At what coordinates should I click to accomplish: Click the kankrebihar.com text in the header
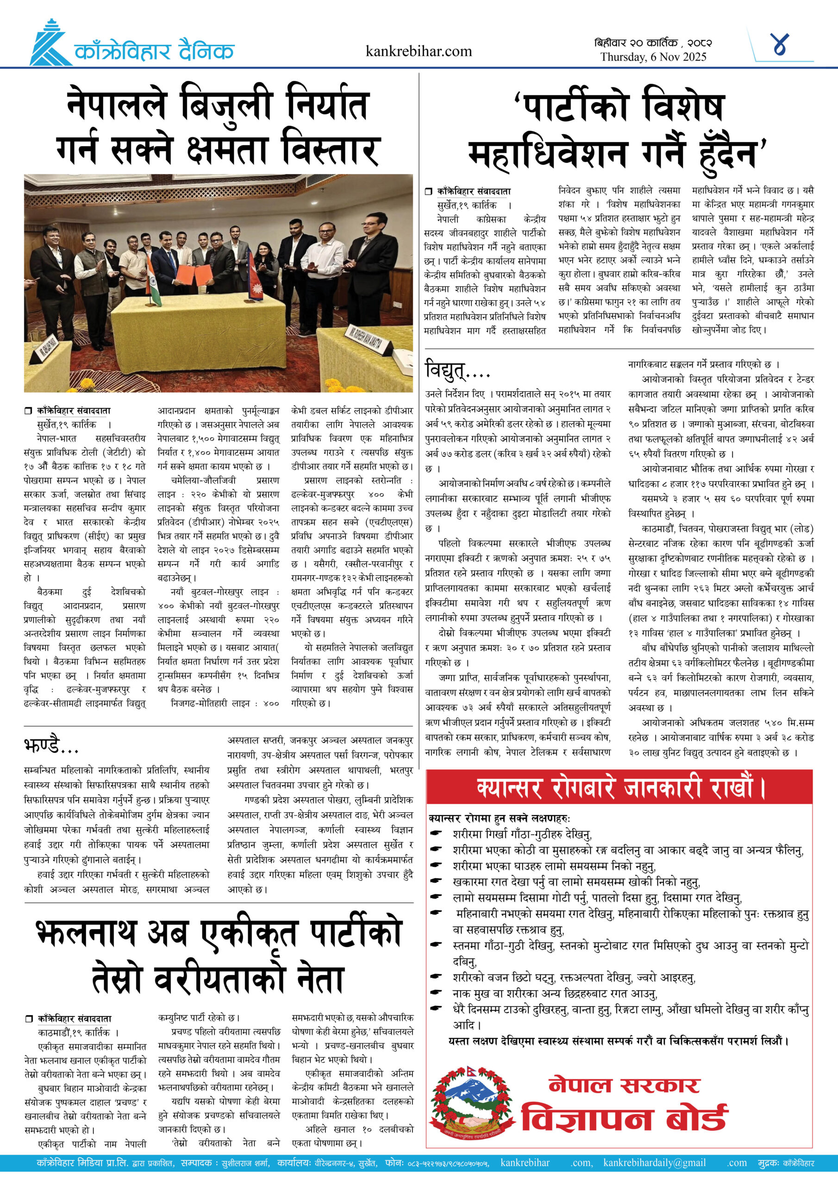(418, 51)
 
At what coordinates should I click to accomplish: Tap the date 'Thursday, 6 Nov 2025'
(653, 57)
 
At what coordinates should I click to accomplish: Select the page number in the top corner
(779, 45)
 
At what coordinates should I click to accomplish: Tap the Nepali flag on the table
(254, 281)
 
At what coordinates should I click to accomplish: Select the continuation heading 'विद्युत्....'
(457, 369)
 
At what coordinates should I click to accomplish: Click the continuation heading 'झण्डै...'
(51, 746)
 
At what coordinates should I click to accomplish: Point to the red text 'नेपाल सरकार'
(624, 1085)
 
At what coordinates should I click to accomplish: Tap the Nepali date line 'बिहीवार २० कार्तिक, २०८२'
(653, 43)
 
